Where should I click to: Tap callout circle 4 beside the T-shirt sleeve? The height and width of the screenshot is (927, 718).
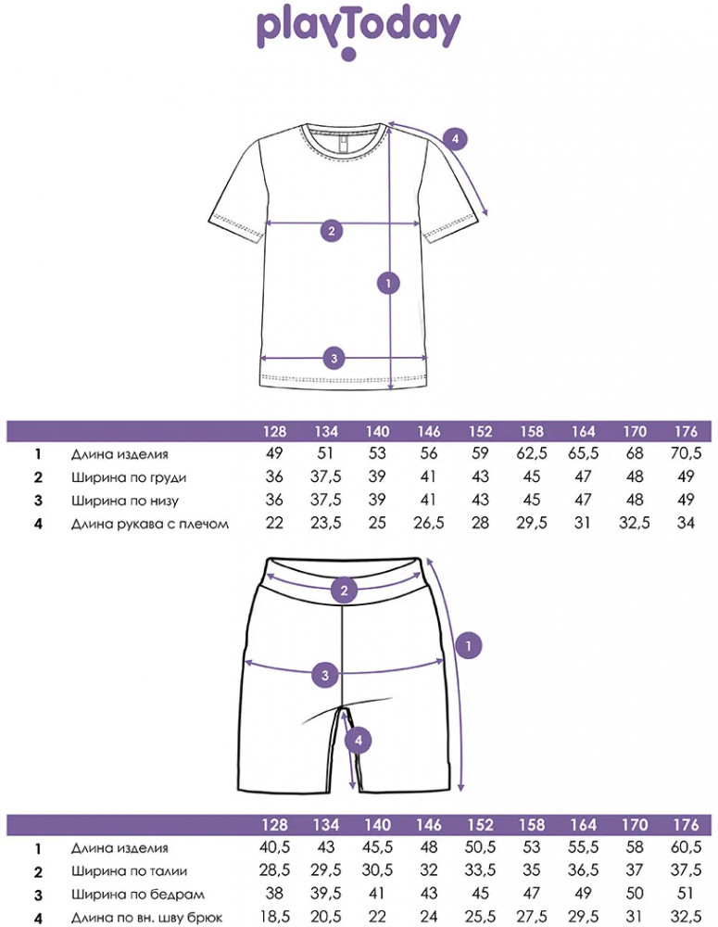pyautogui.click(x=455, y=140)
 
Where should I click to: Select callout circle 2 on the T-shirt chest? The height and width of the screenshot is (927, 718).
pyautogui.click(x=331, y=231)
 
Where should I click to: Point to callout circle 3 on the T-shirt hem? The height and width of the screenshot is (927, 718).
pyautogui.click(x=334, y=358)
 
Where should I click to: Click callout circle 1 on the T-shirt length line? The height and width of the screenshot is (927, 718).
pyautogui.click(x=388, y=283)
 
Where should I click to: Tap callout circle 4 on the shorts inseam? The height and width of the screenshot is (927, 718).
pyautogui.click(x=359, y=740)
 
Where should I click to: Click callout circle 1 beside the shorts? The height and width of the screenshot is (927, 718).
pyautogui.click(x=469, y=645)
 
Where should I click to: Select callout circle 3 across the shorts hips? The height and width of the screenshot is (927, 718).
pyautogui.click(x=325, y=675)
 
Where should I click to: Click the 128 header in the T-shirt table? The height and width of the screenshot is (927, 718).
pyautogui.click(x=274, y=432)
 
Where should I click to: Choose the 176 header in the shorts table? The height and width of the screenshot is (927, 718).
pyautogui.click(x=686, y=825)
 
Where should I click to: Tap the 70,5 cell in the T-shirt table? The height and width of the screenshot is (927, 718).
pyautogui.click(x=686, y=453)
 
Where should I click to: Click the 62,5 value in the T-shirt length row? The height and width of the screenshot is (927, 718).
pyautogui.click(x=531, y=453)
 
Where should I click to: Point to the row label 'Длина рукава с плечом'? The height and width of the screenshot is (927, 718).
pyautogui.click(x=149, y=524)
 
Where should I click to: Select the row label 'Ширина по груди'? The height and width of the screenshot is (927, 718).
pyautogui.click(x=129, y=477)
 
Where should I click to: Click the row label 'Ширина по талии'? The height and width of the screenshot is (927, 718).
pyautogui.click(x=130, y=870)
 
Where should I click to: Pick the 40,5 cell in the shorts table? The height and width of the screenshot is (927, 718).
pyautogui.click(x=274, y=847)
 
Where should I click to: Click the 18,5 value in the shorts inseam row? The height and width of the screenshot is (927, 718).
pyautogui.click(x=274, y=918)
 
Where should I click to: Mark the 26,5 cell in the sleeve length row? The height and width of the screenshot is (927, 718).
pyautogui.click(x=428, y=523)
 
